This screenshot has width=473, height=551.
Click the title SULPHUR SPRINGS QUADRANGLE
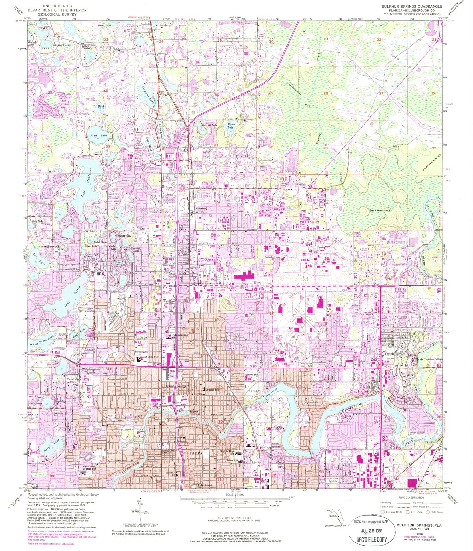point(412,6)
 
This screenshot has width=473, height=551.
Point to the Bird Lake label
point(101,107)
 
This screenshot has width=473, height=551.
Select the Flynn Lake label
point(231,125)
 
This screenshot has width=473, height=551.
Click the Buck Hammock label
point(380,210)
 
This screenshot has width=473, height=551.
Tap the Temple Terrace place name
point(394,354)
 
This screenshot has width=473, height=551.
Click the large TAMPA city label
point(196,453)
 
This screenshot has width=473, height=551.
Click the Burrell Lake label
point(210,125)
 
